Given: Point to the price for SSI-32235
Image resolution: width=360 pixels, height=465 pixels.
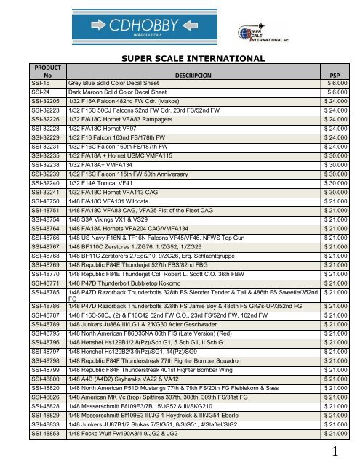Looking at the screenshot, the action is [338, 154].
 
